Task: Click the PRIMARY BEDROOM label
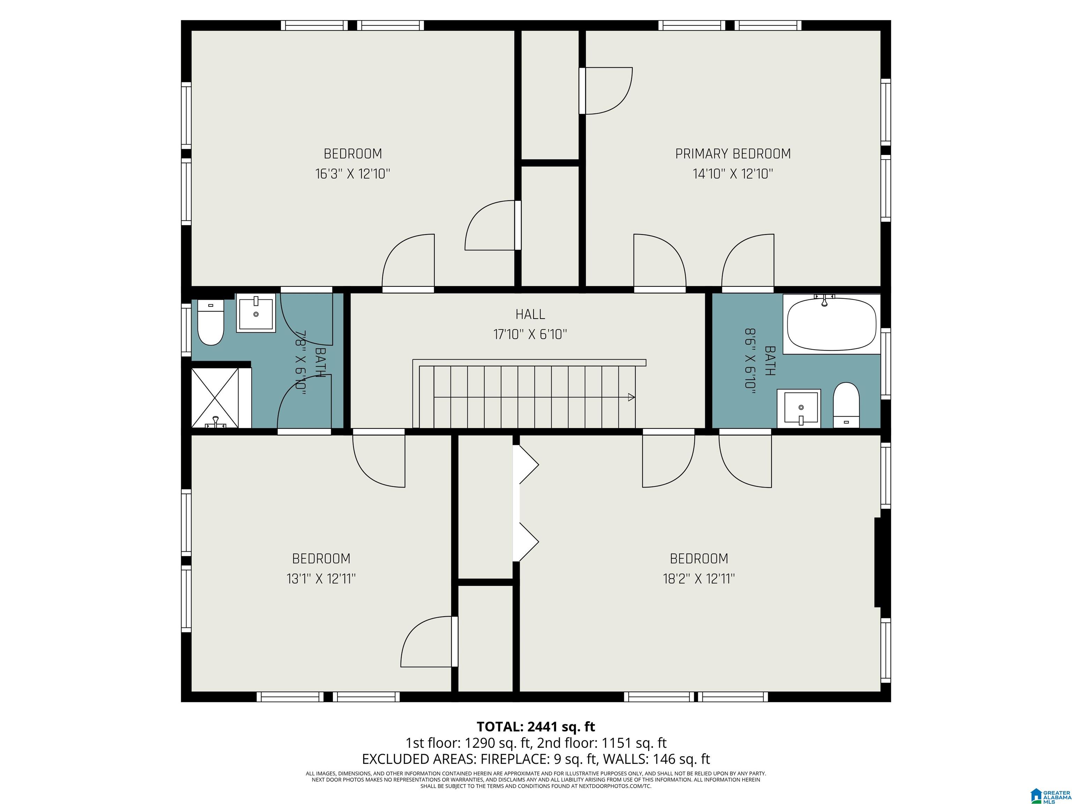click(733, 154)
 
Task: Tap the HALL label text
click(530, 314)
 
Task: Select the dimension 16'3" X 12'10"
click(353, 174)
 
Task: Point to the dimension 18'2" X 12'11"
click(699, 579)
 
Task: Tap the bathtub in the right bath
click(832, 324)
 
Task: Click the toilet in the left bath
click(211, 322)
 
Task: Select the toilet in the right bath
click(846, 405)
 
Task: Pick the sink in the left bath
click(256, 313)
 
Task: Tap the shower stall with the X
click(215, 398)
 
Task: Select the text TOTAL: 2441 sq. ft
click(536, 727)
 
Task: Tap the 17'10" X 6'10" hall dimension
click(530, 334)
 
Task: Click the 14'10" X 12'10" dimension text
click(733, 174)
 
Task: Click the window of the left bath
click(186, 329)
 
